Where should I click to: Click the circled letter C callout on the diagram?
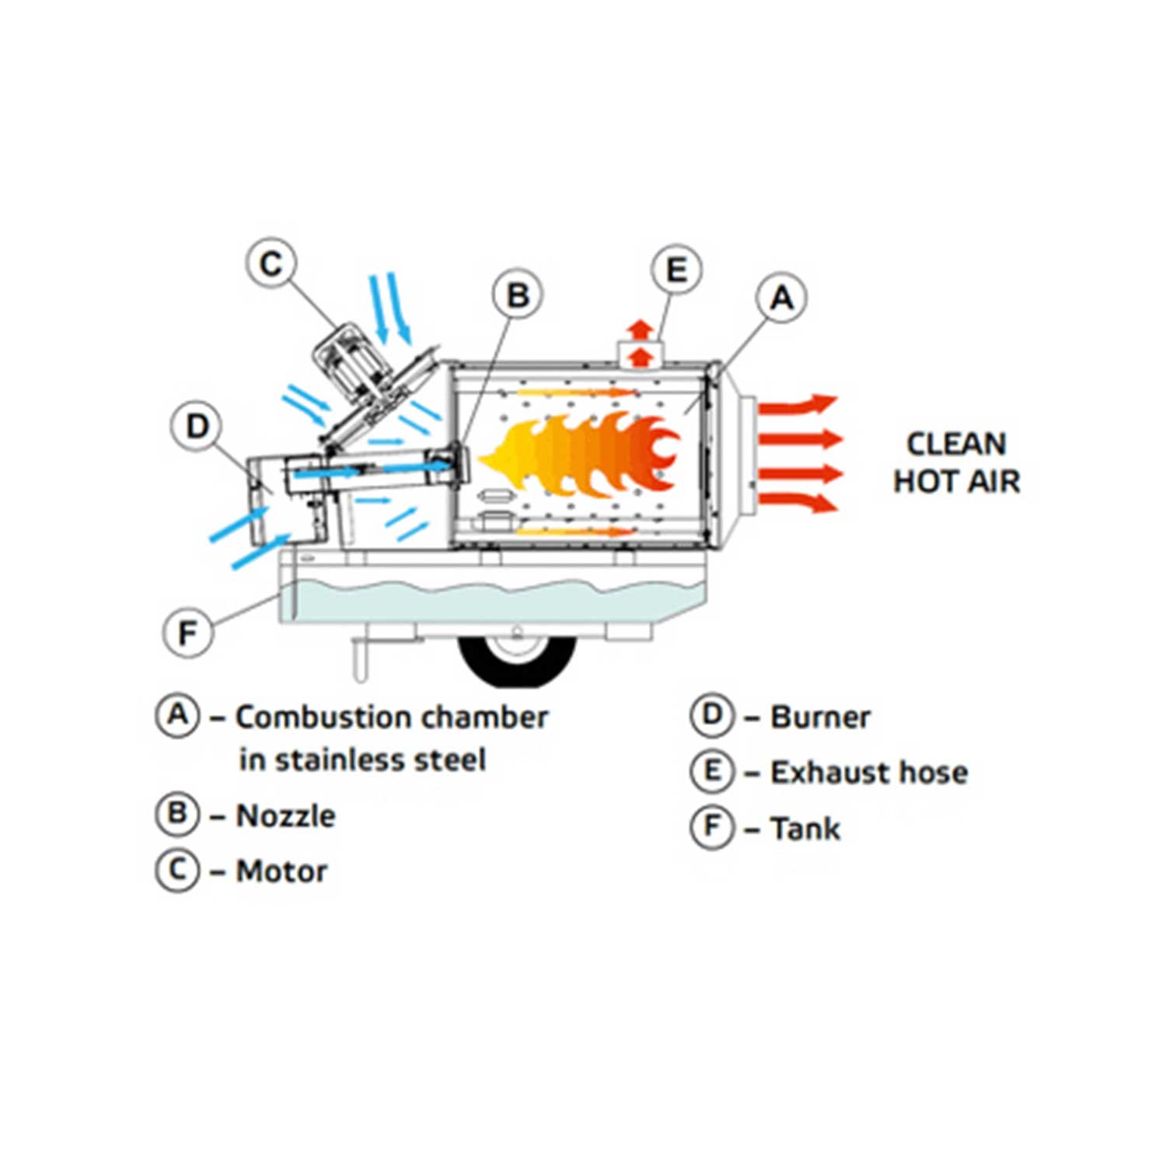pos(271,264)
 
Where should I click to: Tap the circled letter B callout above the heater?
pos(518,295)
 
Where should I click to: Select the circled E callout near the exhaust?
pos(676,271)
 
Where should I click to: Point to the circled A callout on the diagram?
pos(781,298)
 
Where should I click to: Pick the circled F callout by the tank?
pos(188,633)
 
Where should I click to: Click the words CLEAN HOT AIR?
pos(956,463)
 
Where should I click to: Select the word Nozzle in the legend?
pos(285,816)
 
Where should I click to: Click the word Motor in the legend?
pos(281,871)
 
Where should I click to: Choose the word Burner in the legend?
pos(820,717)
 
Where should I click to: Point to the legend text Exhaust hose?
pos(869,773)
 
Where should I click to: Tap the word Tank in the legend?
pos(805,829)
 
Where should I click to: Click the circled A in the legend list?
pos(178,714)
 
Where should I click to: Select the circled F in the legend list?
pos(712,827)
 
